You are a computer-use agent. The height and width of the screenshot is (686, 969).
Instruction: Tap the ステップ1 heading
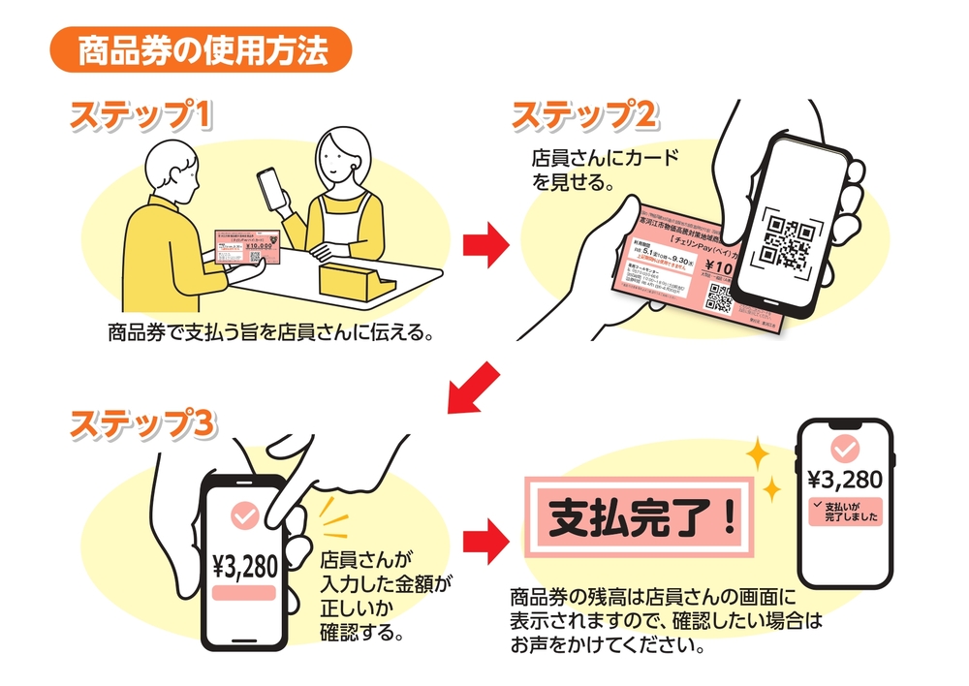tap(141, 114)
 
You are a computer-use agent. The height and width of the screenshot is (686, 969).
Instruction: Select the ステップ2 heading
tap(585, 114)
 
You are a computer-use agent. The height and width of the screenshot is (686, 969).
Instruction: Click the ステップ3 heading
tap(141, 422)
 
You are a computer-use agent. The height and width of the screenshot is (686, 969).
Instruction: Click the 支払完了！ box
tap(642, 521)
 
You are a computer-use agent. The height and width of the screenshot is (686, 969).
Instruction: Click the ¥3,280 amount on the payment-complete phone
tap(844, 480)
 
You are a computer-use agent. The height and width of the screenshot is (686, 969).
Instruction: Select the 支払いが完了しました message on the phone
tap(844, 511)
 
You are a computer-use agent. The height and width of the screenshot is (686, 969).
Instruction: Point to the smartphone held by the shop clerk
tap(272, 187)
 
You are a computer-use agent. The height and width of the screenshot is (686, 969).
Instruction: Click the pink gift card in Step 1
tap(248, 249)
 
